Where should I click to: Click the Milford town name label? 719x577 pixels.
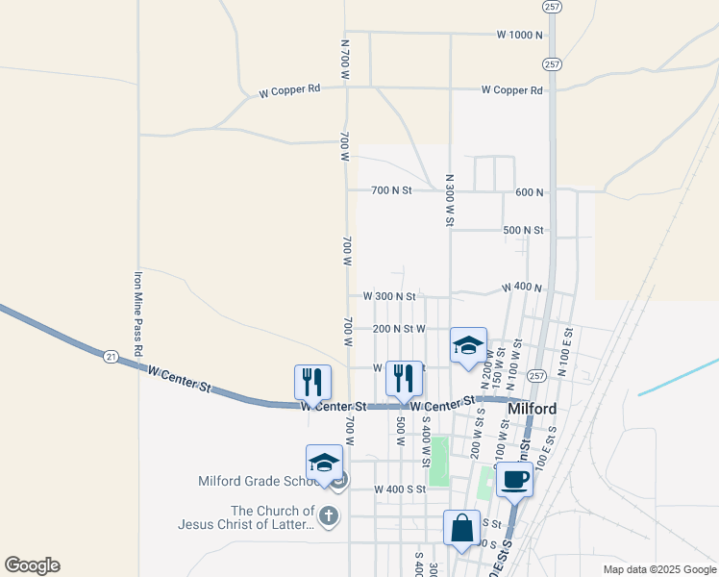point(532,409)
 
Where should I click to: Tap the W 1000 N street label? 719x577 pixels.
point(520,35)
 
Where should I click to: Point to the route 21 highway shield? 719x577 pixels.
point(112,357)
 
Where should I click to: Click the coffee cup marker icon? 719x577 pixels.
point(514,479)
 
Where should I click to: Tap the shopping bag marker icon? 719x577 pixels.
point(461,527)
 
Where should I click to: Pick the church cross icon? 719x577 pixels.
point(329,516)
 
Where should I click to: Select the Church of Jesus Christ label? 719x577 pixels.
point(246,517)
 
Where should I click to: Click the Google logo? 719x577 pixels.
point(32,565)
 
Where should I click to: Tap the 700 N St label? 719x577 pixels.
point(391,190)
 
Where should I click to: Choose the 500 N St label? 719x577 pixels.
point(523,231)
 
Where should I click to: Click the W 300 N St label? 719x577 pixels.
point(388,296)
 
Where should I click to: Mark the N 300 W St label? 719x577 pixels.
point(449,200)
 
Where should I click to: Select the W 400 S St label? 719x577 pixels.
point(392,489)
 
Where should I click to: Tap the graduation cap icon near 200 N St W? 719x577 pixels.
point(468,344)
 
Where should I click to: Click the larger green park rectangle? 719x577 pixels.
point(439,461)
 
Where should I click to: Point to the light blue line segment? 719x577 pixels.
point(677,377)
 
